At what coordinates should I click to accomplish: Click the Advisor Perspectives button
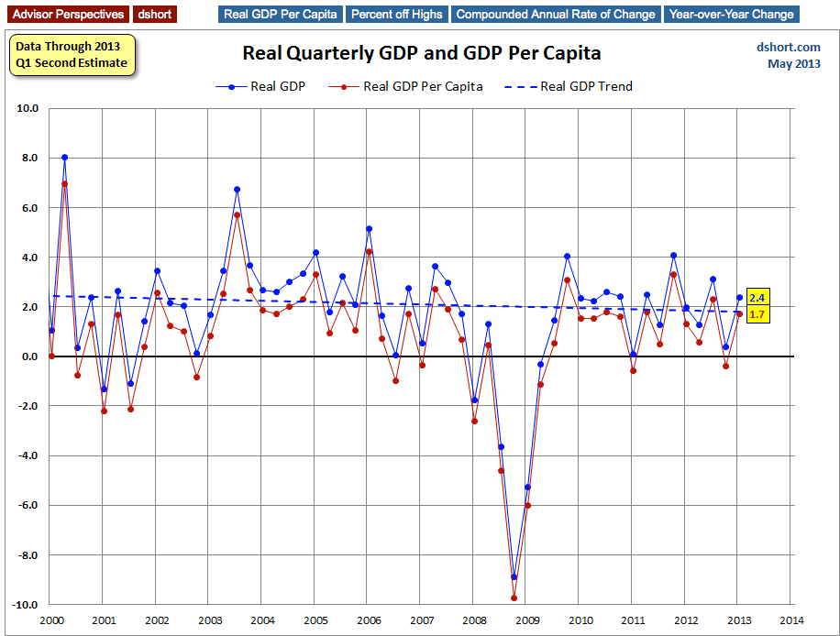coord(65,14)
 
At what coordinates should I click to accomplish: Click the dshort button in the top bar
coord(154,14)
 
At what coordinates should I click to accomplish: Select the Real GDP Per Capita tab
coord(282,14)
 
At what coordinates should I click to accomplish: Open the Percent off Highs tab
coord(397,14)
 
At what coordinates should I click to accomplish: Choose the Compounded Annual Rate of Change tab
coord(556,14)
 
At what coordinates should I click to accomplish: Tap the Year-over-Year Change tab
coord(731,14)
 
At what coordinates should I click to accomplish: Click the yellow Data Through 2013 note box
coord(72,55)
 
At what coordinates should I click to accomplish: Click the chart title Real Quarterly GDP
coord(421,53)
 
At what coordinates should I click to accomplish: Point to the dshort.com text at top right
coord(788,47)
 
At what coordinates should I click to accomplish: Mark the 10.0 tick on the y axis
coord(27,108)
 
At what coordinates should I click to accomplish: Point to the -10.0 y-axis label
coord(25,605)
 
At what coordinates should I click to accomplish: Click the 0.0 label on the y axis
coord(28,356)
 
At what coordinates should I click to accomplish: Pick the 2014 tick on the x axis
coord(790,620)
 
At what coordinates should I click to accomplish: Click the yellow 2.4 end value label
coord(757,298)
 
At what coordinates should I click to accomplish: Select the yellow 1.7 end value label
coord(757,314)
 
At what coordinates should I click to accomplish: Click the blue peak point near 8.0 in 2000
coord(64,158)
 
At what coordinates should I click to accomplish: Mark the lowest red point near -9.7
coord(514,598)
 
